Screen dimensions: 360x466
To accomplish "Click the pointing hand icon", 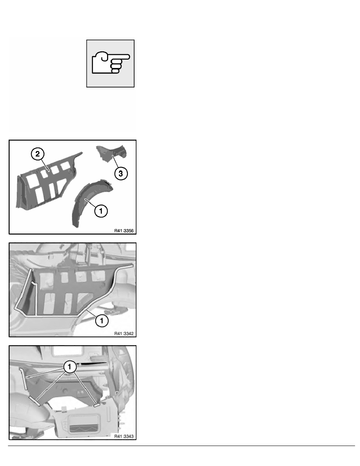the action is (111, 63).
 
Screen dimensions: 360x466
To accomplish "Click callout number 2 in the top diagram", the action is (37, 154).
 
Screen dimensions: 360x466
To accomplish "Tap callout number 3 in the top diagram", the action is (121, 173).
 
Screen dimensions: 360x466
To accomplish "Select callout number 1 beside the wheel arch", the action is (101, 211).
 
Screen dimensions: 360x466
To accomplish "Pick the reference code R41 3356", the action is (124, 231).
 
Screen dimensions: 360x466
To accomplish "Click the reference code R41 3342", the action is (124, 333).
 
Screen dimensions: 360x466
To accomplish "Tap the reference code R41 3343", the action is (124, 436).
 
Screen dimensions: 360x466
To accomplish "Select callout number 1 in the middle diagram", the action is (102, 321).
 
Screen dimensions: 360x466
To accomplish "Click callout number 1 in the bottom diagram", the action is (69, 367).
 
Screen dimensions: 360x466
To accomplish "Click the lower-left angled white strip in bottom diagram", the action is (35, 400).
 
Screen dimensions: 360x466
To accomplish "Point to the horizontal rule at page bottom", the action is (182, 446).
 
